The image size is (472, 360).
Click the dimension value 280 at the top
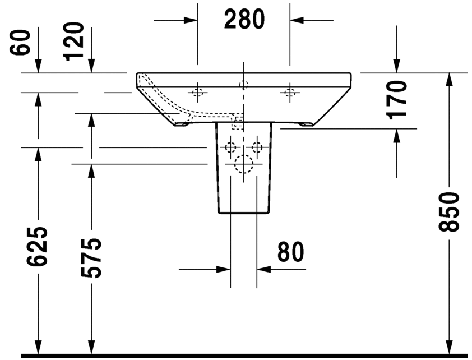pyautogui.click(x=244, y=20)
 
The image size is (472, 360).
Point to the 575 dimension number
pyautogui.click(x=91, y=257)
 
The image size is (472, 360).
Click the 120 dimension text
pyautogui.click(x=74, y=41)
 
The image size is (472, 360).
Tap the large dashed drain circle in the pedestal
pyautogui.click(x=244, y=164)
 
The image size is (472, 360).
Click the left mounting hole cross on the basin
pyautogui.click(x=197, y=91)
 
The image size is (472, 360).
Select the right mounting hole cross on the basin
pyautogui.click(x=290, y=91)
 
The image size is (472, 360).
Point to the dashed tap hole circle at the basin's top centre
pyautogui.click(x=243, y=85)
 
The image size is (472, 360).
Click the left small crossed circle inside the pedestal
pyautogui.click(x=230, y=147)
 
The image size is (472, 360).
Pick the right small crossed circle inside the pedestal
pyautogui.click(x=257, y=147)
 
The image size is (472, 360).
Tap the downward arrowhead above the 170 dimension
pyautogui.click(x=397, y=67)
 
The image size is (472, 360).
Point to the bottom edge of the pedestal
pyautogui.click(x=244, y=214)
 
